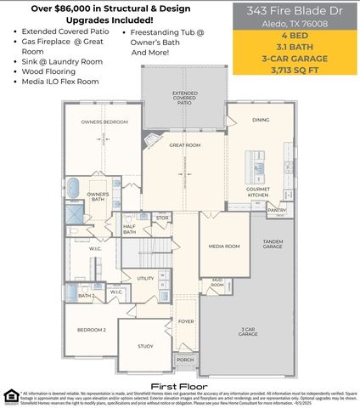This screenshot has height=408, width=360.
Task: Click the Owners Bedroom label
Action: pyautogui.click(x=104, y=122)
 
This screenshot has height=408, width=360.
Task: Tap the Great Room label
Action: pyautogui.click(x=184, y=145)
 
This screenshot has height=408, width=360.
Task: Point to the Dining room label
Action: pyautogui.click(x=261, y=120)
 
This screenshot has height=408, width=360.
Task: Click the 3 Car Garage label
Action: pyautogui.click(x=248, y=332)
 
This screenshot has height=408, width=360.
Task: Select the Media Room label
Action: pyautogui.click(x=224, y=246)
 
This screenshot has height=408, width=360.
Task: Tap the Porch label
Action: pyautogui.click(x=185, y=360)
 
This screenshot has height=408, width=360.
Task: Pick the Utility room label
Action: pyautogui.click(x=146, y=278)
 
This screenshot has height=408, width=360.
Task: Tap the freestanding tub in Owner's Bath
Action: pyautogui.click(x=74, y=187)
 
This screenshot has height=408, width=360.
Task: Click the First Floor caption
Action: pyautogui.click(x=180, y=375)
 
